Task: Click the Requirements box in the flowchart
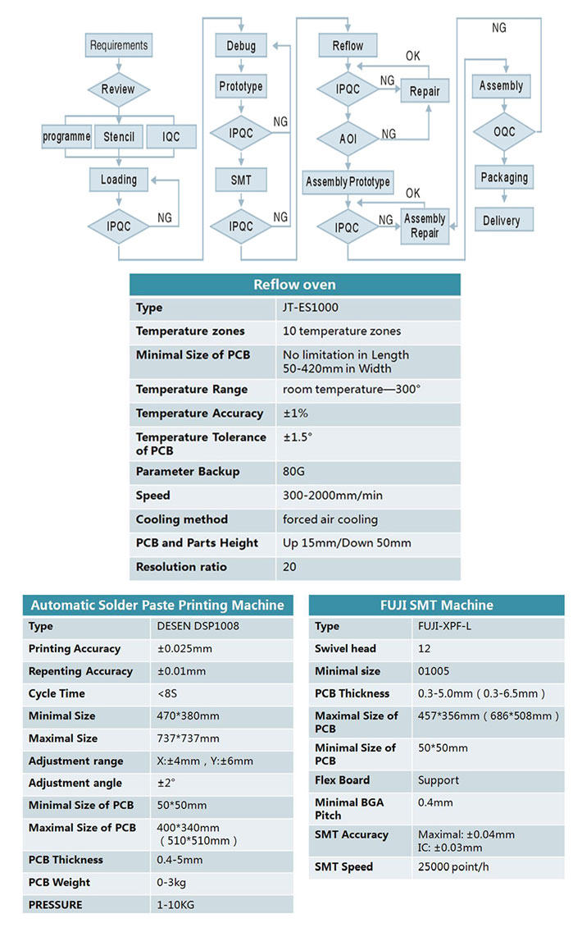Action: coord(119,45)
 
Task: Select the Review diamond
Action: coord(119,89)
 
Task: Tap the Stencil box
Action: coord(119,137)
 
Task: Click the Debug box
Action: coord(241,46)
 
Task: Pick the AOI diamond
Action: coord(348,139)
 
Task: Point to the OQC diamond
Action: coord(504,131)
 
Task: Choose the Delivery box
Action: coord(504,220)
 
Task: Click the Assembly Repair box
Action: coord(425,226)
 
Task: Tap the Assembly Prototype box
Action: coord(348,181)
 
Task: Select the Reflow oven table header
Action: coord(294,284)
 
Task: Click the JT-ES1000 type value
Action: coord(311,308)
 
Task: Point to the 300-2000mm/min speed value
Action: coord(333,496)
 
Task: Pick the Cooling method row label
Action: coord(182,519)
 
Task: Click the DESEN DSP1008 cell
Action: coord(198,626)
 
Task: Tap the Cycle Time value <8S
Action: coord(167,693)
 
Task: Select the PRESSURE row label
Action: coord(56,904)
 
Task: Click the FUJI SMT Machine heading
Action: coord(437,606)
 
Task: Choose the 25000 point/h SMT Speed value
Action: coord(453,867)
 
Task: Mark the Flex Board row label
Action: coord(342,780)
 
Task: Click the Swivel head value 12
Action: coord(424,648)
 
